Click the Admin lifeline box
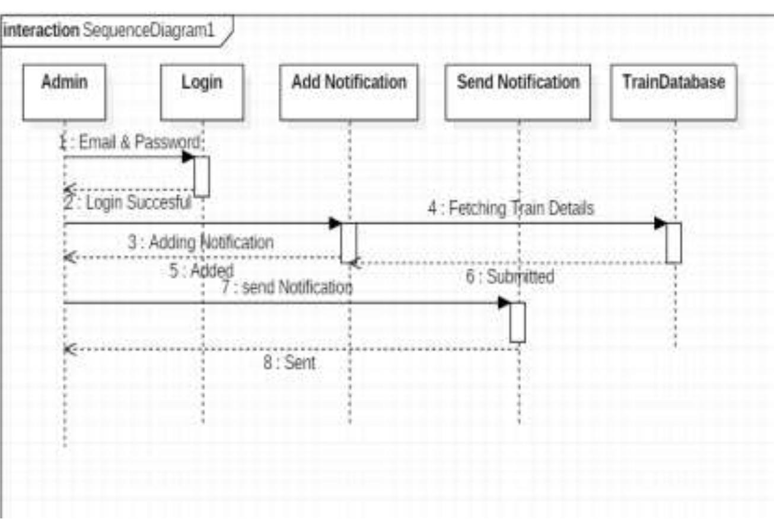(64, 92)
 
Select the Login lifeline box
(202, 92)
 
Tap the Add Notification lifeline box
(349, 92)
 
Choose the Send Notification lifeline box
(518, 92)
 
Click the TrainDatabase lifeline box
(674, 92)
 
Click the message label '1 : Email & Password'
(132, 143)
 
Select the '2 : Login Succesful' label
(128, 203)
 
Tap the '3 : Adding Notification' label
(200, 242)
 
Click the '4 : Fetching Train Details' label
(511, 209)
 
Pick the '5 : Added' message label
(201, 272)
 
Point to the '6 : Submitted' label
(509, 276)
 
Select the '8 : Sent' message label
(289, 362)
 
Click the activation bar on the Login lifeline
(202, 176)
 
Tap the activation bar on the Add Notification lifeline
(348, 243)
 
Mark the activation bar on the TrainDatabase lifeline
(673, 243)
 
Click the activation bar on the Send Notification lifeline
(518, 322)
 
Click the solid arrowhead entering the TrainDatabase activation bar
(660, 224)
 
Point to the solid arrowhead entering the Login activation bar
(188, 157)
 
